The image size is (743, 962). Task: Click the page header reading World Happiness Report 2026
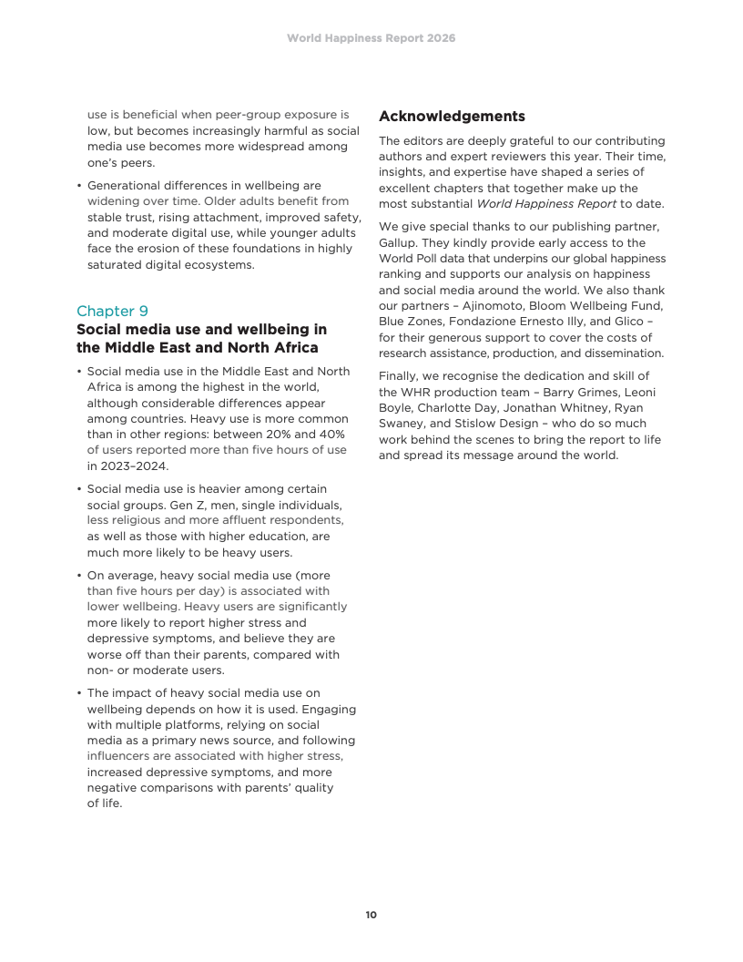tap(371, 38)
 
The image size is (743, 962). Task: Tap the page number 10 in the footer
tap(371, 915)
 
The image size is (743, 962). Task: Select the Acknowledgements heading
tap(452, 117)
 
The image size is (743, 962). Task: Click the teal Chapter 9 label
tap(112, 311)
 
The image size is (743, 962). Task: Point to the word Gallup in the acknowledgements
tap(398, 243)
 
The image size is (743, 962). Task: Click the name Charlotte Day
tap(455, 408)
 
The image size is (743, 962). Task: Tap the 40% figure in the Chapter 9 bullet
tap(328, 435)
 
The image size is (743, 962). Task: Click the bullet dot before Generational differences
tap(79, 186)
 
